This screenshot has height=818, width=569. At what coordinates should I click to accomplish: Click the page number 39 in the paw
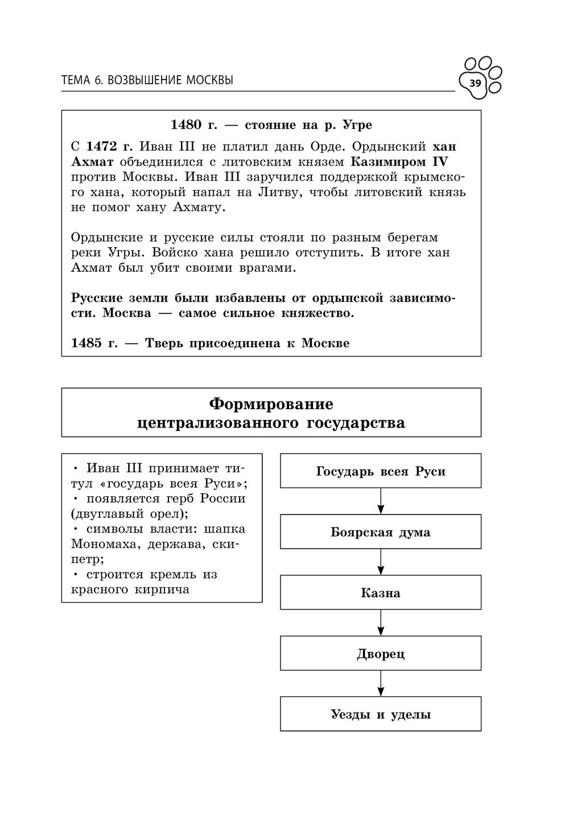coord(475,84)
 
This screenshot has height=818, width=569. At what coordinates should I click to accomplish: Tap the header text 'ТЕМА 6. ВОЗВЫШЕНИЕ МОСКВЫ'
coord(147,81)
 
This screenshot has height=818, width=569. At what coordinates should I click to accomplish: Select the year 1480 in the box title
coord(187,124)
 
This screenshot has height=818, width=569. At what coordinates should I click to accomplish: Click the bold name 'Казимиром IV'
coord(399,161)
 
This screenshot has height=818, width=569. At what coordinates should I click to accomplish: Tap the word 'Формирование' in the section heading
coord(271,404)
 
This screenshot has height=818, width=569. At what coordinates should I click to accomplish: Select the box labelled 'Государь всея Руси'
coord(381,471)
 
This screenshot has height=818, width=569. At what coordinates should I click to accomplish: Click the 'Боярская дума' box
coord(381,532)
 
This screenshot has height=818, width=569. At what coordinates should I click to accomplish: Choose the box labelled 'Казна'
coord(381,593)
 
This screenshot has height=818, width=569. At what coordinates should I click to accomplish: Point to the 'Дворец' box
coord(381,654)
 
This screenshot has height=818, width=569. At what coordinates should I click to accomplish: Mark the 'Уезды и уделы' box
coord(381,715)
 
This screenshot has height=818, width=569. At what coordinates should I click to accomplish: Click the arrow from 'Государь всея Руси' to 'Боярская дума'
coord(381,501)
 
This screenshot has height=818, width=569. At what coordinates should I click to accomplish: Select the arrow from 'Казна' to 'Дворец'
coord(381,623)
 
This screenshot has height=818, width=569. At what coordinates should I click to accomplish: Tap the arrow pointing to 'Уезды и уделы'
coord(381,684)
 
